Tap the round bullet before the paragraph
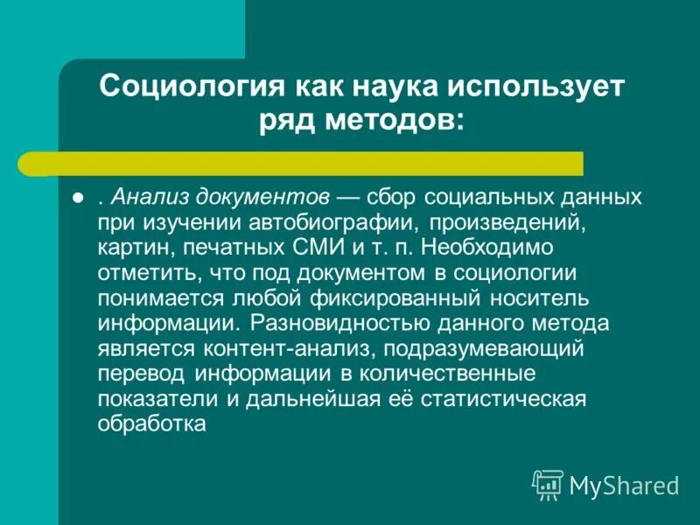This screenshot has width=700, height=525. point(77,198)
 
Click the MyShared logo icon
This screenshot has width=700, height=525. point(547,484)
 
